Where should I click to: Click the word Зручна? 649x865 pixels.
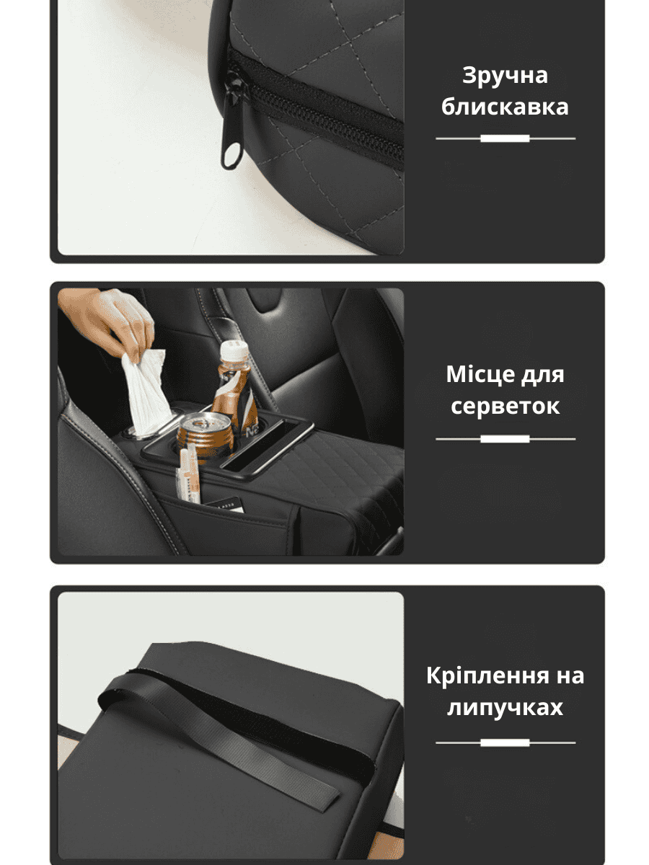pos(504,76)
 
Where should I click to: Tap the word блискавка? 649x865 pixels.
pos(505,107)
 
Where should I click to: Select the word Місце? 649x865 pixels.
pos(480,374)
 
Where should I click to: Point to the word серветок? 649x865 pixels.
pos(505,407)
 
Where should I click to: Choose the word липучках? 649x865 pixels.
pos(505,708)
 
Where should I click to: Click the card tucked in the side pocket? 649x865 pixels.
pos(227,505)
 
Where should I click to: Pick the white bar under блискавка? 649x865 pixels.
pos(505,138)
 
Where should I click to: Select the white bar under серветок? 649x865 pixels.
pos(505,439)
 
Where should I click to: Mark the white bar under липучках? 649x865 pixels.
pos(505,743)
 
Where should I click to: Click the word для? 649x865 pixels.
pos(542,375)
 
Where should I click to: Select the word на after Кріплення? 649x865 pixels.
pos(570,678)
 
